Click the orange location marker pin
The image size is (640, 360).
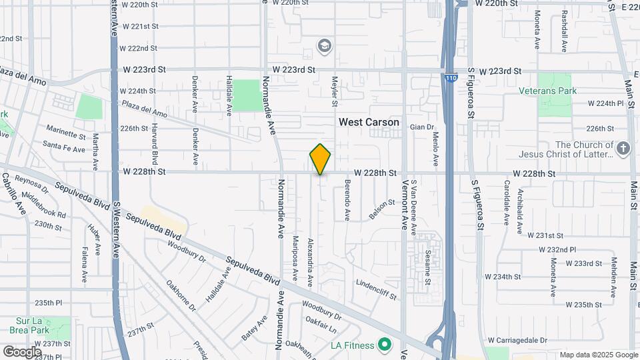coord(320,159)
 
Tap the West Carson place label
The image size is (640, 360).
coord(369,122)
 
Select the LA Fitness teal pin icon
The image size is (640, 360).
coord(384,345)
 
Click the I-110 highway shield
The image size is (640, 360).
coord(451,78)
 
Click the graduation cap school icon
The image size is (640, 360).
coord(325,45)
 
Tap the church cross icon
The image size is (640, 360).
coord(623,149)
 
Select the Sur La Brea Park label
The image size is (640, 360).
coord(31,324)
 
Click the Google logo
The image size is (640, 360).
coord(22,351)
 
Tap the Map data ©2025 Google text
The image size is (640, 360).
coord(598,355)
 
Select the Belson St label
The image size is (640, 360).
coord(378,211)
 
